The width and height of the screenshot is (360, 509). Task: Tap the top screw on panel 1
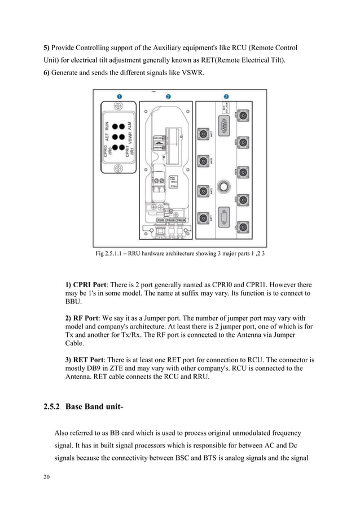(118, 106)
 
